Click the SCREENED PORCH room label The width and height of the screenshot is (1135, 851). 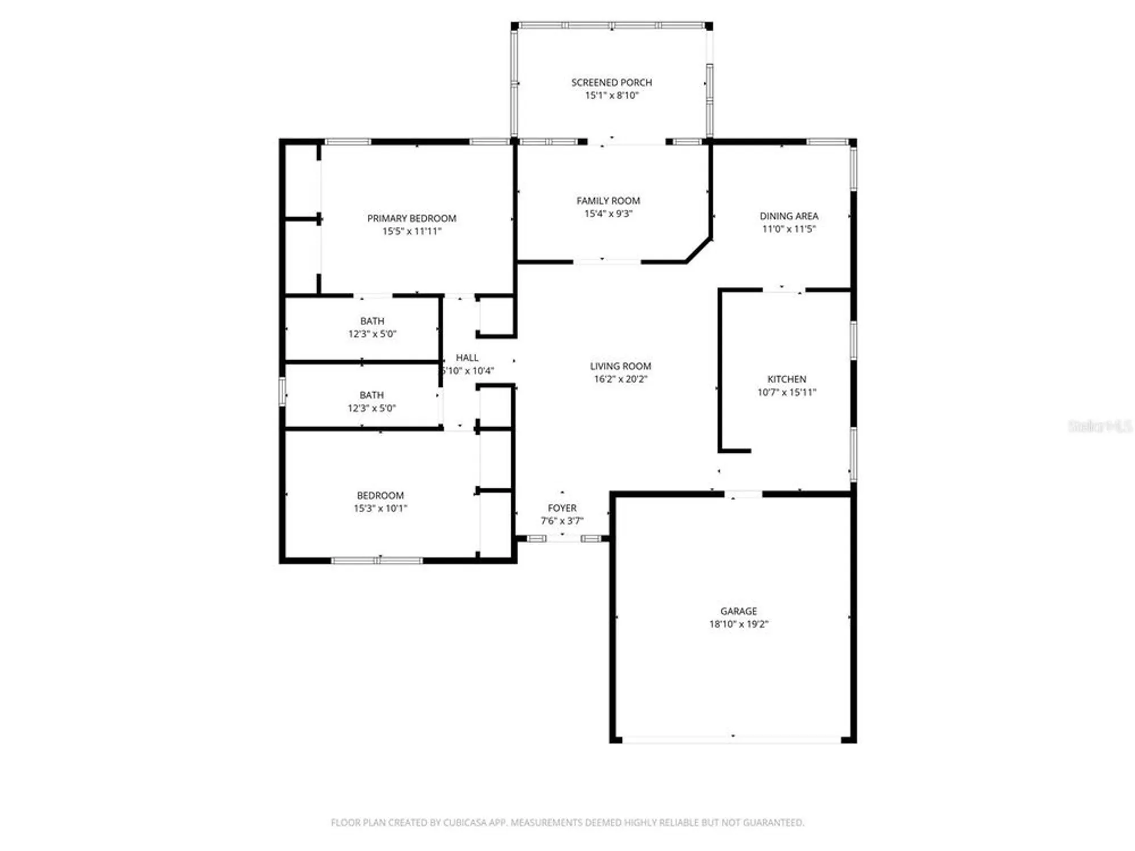(611, 83)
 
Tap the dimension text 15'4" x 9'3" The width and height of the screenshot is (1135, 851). (608, 214)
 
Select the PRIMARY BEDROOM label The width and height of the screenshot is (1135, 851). (411, 218)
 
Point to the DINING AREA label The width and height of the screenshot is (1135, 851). (788, 216)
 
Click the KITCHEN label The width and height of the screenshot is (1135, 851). (786, 379)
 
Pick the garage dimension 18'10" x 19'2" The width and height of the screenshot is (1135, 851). (738, 624)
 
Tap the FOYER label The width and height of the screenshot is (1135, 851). (562, 508)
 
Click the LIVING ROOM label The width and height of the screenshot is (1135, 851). (620, 366)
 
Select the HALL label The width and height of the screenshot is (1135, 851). (467, 357)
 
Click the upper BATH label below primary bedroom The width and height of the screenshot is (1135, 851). (372, 321)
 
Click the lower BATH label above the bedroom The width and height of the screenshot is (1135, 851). (371, 395)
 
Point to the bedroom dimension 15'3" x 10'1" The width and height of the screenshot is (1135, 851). (380, 508)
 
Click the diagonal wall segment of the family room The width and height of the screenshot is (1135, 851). (699, 250)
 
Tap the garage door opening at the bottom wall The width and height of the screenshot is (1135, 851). (732, 739)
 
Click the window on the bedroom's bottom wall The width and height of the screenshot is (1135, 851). (377, 561)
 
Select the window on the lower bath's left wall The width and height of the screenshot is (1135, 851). (282, 391)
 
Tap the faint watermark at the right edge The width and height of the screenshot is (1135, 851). (1099, 427)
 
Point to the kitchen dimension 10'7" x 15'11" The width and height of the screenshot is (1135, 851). (786, 392)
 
